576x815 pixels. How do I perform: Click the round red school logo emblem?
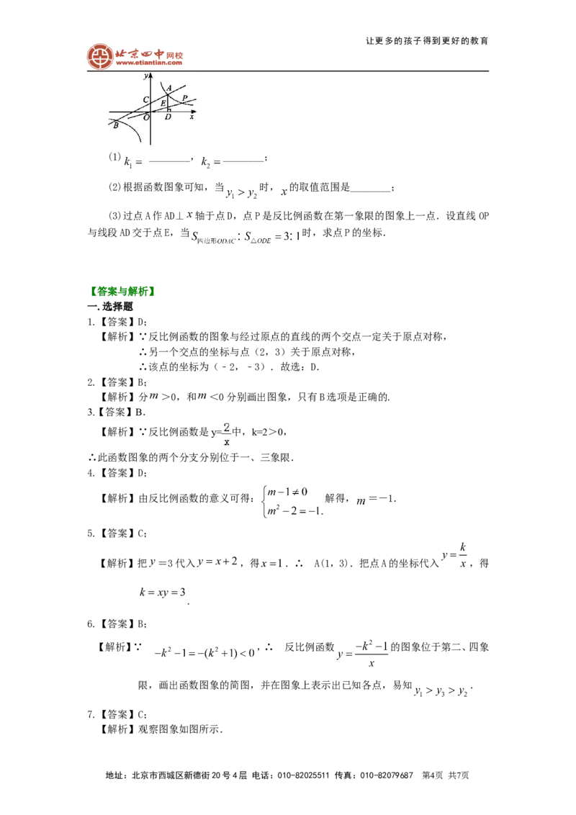click(x=100, y=57)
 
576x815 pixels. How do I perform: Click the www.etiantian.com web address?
click(x=149, y=63)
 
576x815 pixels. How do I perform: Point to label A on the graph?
click(x=169, y=88)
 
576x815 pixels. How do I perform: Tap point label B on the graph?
click(x=116, y=125)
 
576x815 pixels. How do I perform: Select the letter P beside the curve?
click(x=184, y=98)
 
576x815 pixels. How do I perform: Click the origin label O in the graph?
click(x=146, y=117)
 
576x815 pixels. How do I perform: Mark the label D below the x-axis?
click(x=168, y=117)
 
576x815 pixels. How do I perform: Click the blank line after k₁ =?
click(x=168, y=162)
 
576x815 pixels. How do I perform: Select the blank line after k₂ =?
click(x=243, y=162)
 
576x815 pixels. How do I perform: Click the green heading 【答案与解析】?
click(x=122, y=292)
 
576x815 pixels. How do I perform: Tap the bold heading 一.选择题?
click(x=110, y=307)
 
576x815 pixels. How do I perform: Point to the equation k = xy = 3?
click(x=162, y=592)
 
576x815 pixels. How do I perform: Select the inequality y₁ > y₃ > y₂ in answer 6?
click(x=441, y=690)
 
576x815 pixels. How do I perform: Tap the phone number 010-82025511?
click(x=303, y=775)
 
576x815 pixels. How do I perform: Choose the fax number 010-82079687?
click(x=387, y=775)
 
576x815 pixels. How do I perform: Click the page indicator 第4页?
click(x=433, y=775)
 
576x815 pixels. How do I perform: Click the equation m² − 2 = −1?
click(x=294, y=511)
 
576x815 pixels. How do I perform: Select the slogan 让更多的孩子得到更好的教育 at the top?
click(x=427, y=41)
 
